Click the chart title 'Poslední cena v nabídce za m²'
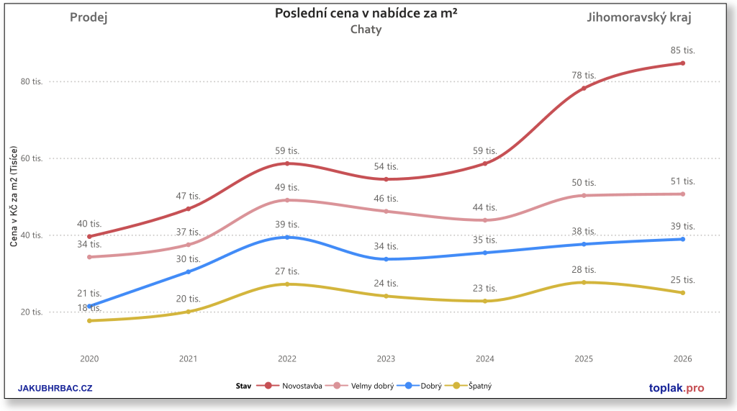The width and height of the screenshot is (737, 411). coord(366,14)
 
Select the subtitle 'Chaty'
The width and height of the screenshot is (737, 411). coord(366,30)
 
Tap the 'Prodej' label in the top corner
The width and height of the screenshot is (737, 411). coord(89,18)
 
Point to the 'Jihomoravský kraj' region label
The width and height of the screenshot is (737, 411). coord(639,18)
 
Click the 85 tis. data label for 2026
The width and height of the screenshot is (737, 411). coord(682,50)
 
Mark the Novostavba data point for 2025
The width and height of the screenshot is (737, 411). coord(584,88)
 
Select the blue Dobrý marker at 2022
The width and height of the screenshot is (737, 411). coord(287,237)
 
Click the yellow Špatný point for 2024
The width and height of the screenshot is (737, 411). coord(485,301)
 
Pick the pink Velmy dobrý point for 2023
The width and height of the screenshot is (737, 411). coord(386,211)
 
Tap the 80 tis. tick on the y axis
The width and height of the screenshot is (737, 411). coord(32,82)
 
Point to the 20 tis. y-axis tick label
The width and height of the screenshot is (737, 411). coord(32,312)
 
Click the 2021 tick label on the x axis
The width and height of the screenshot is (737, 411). coord(188,358)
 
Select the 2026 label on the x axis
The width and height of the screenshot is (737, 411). coord(682,358)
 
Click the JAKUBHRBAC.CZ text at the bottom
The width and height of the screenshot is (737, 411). coord(55,389)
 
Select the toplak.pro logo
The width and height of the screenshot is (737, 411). coord(666,389)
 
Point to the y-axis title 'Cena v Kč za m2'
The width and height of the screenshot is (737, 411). coord(14,204)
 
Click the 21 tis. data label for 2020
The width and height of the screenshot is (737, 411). coord(90,293)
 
